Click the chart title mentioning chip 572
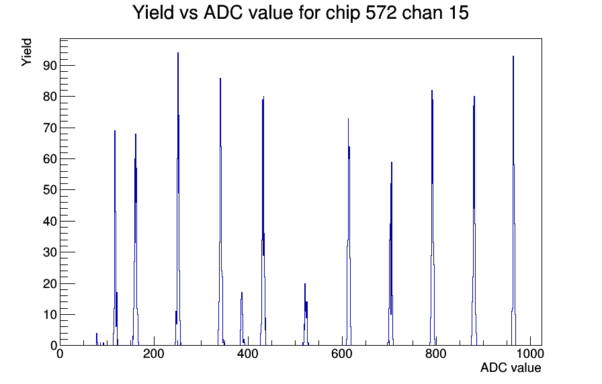pos(300,13)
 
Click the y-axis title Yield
pos(26,52)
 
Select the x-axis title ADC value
pos(511,367)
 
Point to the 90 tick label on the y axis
pos(50,66)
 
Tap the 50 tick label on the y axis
pos(50,190)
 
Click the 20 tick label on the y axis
pos(50,283)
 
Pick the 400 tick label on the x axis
pos(248,353)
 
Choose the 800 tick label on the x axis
pos(436,353)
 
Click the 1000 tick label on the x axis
pos(529,353)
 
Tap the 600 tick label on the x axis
pos(342,353)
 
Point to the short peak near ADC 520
pos(305,315)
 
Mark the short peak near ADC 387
pos(242,319)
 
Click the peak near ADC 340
pos(220,211)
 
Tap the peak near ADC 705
pos(391,254)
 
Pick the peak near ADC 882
pos(474,221)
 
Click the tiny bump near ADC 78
pos(97,339)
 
